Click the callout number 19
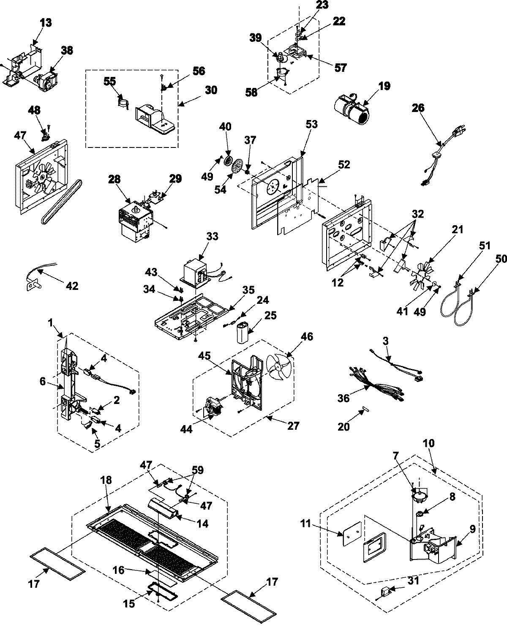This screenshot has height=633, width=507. click(x=384, y=87)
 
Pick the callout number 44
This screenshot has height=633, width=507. click(x=187, y=429)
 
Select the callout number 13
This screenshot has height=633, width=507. click(x=46, y=22)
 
